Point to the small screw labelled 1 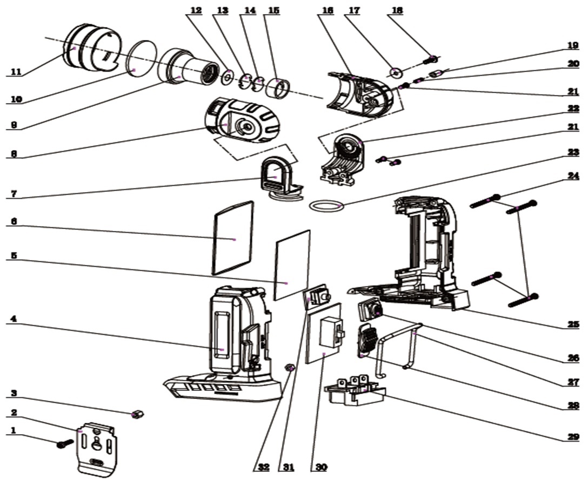click(x=65, y=444)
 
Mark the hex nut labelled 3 click(x=137, y=414)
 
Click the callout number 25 click(x=573, y=324)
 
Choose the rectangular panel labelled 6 click(x=233, y=238)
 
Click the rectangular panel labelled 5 click(x=292, y=265)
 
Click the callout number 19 click(x=573, y=45)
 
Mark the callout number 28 click(x=573, y=404)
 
